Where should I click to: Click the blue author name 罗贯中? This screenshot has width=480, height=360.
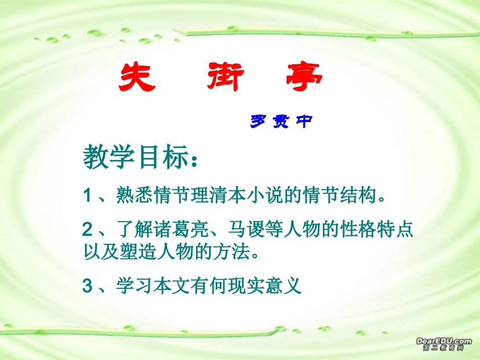click(280, 121)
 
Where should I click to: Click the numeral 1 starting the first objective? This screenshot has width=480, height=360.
click(86, 195)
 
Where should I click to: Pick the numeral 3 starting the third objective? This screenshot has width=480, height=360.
click(87, 287)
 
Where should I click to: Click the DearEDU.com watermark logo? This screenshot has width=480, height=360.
click(443, 344)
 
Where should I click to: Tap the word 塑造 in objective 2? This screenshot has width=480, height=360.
click(132, 251)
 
